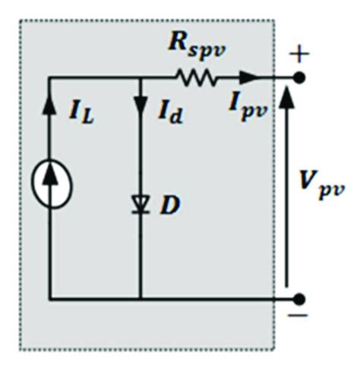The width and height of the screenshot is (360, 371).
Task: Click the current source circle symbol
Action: coord(50,187)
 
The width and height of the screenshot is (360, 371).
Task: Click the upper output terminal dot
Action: coord(300,77)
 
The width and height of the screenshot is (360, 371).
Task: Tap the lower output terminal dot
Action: coord(300,298)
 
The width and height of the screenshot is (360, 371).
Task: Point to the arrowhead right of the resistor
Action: coord(248,77)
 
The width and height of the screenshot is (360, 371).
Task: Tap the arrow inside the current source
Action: coord(50,185)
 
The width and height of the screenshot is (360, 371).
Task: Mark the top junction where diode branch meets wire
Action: coord(141,77)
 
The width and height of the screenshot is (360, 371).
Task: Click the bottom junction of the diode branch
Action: coord(141,298)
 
